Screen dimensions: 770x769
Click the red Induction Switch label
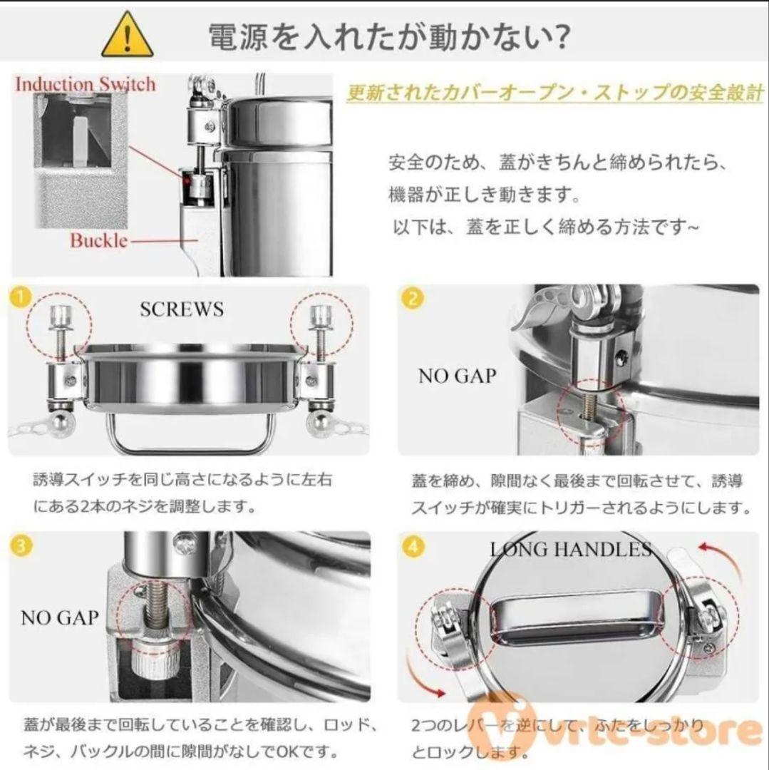[x=85, y=83]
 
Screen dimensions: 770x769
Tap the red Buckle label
[x=98, y=240]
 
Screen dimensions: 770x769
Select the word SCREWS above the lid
[x=182, y=309]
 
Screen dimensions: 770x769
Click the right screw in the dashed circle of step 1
[x=318, y=329]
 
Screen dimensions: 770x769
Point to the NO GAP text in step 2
[x=457, y=376]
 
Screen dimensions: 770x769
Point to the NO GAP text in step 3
[x=59, y=617]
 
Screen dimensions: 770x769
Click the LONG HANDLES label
[x=570, y=549]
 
